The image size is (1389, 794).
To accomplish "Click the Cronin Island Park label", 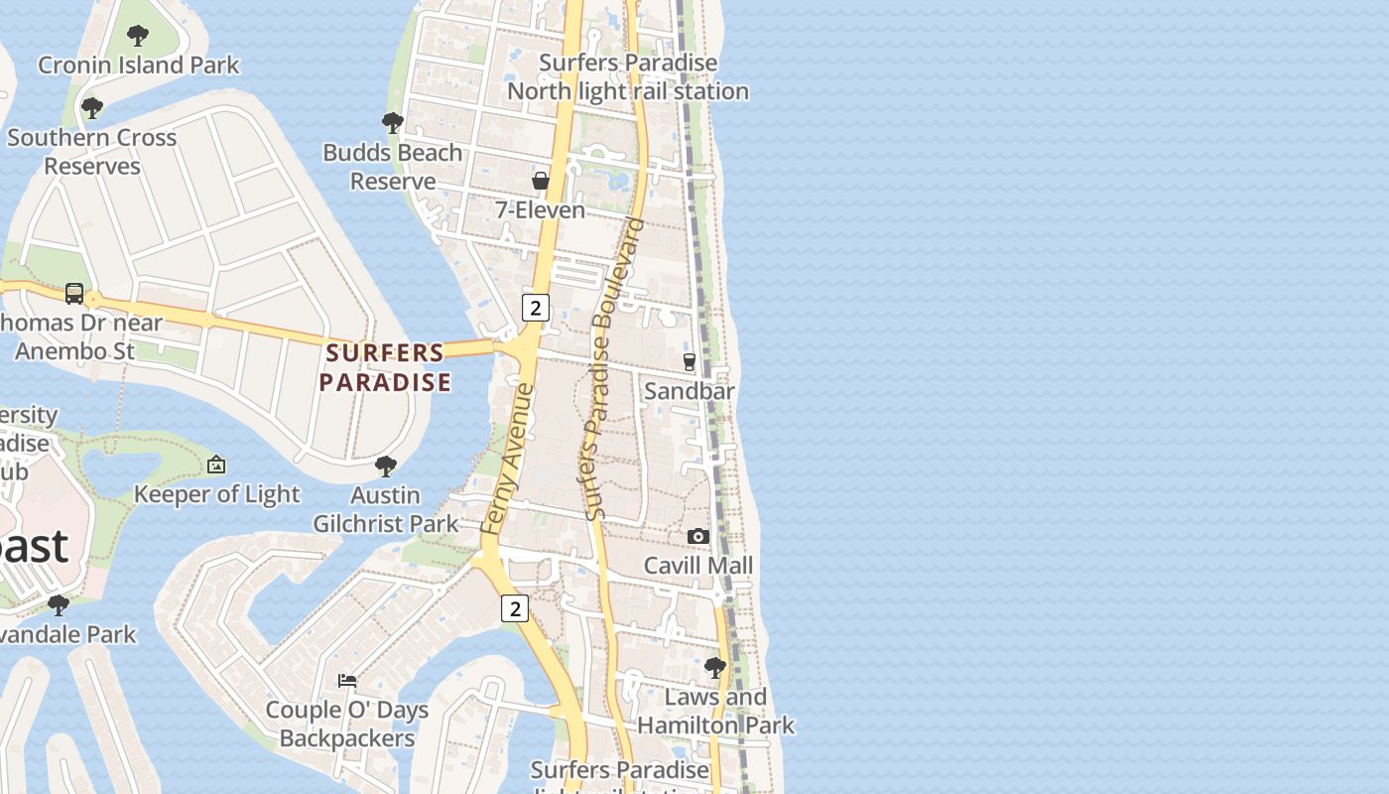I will [x=138, y=66].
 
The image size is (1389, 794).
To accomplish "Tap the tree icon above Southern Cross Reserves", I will [x=92, y=107].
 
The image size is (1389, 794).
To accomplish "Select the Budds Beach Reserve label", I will [x=393, y=167].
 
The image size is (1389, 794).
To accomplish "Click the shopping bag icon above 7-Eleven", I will [x=541, y=181].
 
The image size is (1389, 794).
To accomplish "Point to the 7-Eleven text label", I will [x=541, y=210].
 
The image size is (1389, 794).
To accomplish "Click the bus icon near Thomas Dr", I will [x=74, y=293].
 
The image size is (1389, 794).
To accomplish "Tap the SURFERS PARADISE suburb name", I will [x=385, y=367].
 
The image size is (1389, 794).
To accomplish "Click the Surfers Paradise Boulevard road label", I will [x=613, y=369].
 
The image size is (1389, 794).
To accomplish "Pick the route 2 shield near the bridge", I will [x=536, y=308].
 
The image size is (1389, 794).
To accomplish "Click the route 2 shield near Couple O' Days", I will [x=514, y=608].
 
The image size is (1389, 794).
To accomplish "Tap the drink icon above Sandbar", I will [x=690, y=362].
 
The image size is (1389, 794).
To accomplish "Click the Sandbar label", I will [x=690, y=391].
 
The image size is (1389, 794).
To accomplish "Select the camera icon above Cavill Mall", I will [x=698, y=537].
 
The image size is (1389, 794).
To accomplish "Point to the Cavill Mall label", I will [x=698, y=566].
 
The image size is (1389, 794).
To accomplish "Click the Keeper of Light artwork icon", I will [x=216, y=464].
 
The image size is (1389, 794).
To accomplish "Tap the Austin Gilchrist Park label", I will [x=386, y=509].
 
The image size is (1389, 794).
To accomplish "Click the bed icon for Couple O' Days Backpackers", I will [x=347, y=681].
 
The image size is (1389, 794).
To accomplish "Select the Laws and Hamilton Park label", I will [x=715, y=712].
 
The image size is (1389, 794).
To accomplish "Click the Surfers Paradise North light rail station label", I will [x=628, y=76].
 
